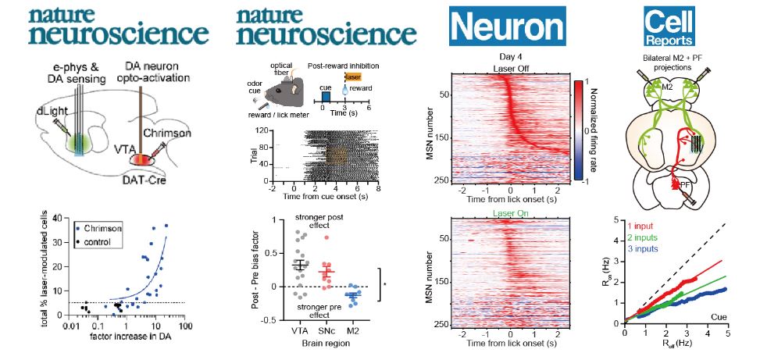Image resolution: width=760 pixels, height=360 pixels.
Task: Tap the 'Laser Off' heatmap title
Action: click(x=508, y=67)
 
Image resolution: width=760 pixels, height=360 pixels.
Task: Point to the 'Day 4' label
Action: click(x=508, y=57)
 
